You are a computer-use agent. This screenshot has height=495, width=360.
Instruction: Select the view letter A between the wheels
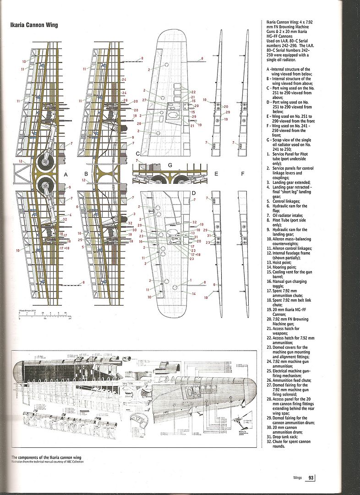(66, 175)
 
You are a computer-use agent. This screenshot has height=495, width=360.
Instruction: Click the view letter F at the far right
(243, 175)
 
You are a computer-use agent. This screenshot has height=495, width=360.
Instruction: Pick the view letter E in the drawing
(215, 175)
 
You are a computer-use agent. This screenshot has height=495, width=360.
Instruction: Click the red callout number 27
(146, 99)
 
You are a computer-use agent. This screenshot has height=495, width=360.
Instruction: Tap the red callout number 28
(138, 123)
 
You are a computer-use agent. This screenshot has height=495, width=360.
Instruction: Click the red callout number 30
(135, 230)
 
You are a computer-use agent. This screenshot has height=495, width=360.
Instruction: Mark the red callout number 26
(125, 100)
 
